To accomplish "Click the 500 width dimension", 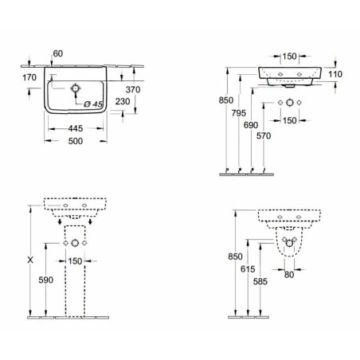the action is point(76,141).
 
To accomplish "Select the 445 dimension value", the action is point(76,128).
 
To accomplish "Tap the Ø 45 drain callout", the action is point(93,104).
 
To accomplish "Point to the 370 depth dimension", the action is point(133,90).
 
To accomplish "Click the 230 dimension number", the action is point(123,101).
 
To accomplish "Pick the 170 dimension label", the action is point(29,77).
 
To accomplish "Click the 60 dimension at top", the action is point(58,53).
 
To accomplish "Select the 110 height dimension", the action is point(335,74).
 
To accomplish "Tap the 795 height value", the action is point(239,113).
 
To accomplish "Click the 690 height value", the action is point(251,125).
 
